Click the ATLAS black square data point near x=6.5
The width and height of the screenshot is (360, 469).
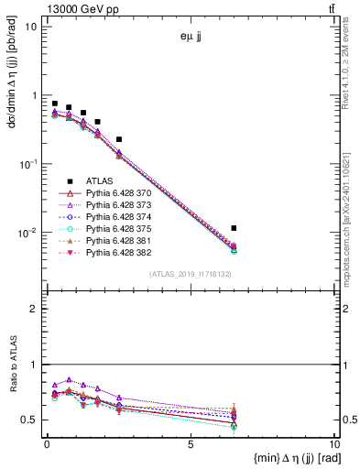(x=235, y=228)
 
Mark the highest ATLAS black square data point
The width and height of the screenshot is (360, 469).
(x=55, y=104)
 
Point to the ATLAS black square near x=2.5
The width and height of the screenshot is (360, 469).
(x=119, y=139)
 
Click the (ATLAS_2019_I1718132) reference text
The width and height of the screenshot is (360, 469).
(x=191, y=274)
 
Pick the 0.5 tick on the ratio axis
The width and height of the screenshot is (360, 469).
(x=32, y=420)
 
